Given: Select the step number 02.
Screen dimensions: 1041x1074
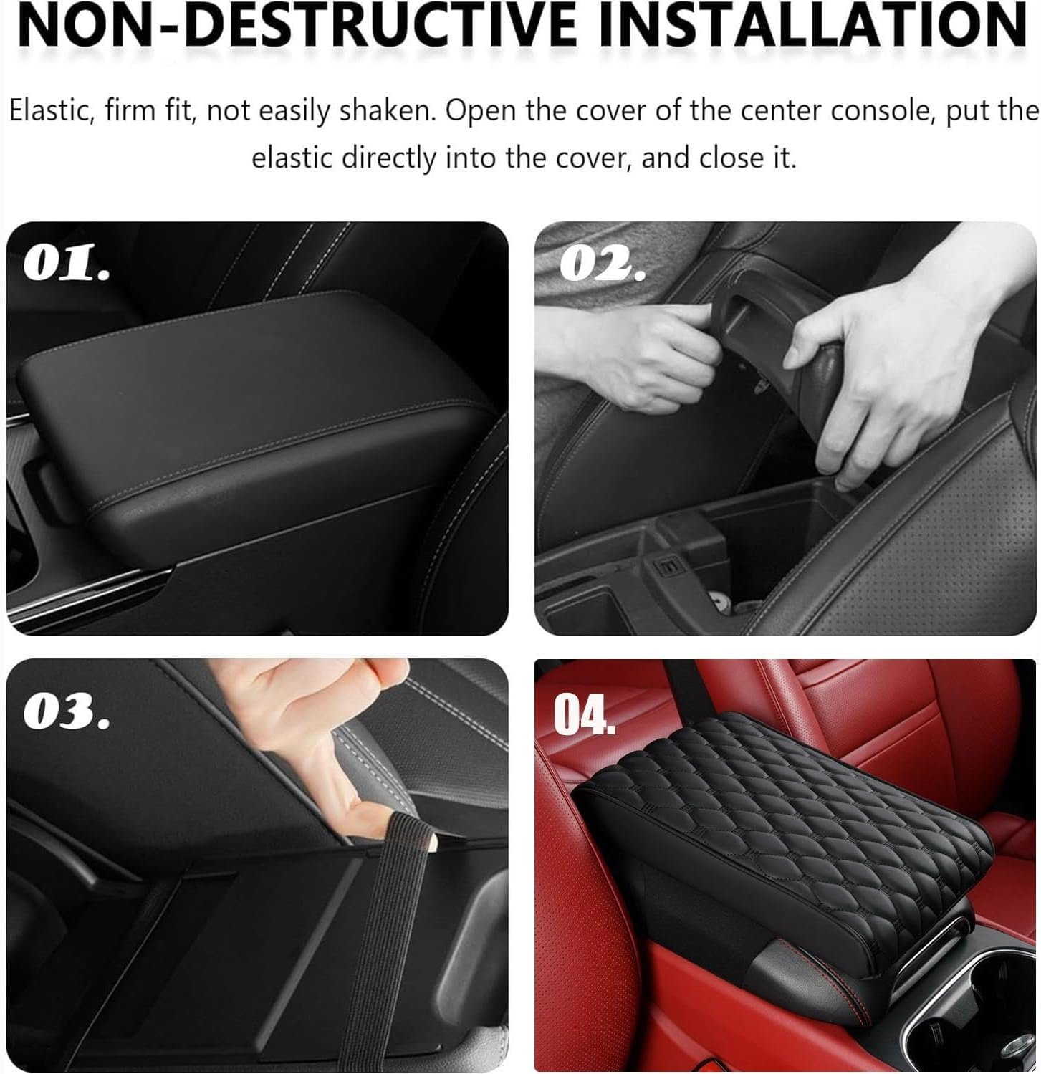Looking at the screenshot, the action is click(x=602, y=266).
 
